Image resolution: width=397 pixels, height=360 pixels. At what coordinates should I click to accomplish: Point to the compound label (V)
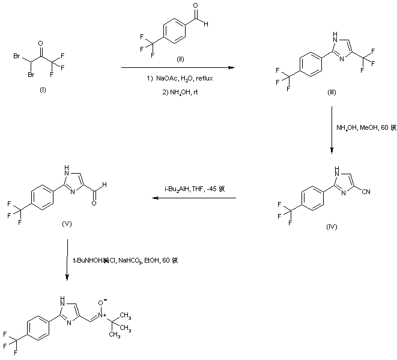pyautogui.click(x=68, y=223)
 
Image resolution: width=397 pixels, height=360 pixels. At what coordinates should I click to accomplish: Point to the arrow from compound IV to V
pyautogui.click(x=192, y=198)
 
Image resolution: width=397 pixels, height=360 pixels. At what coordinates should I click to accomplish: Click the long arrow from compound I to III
pyautogui.click(x=177, y=69)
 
